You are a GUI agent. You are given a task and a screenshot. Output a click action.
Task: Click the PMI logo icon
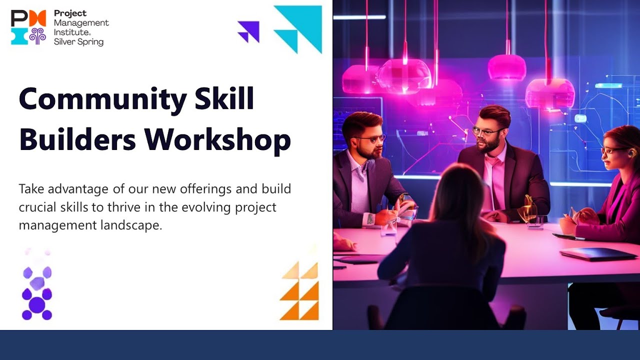pos(28,27)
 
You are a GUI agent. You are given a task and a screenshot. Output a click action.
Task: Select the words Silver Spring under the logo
pos(78,42)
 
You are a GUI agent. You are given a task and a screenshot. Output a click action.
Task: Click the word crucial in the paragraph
pos(38,207)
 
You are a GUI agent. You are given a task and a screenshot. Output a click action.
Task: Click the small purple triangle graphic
pos(249,31)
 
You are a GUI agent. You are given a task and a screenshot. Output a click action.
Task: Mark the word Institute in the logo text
pos(69,32)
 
